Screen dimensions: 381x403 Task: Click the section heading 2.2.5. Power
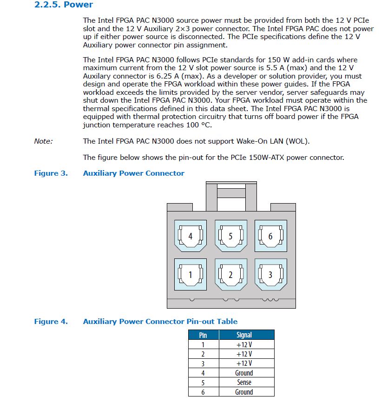[x=64, y=5]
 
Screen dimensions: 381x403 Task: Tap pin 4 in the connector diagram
[x=190, y=236]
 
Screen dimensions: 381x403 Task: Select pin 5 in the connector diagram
[x=231, y=236]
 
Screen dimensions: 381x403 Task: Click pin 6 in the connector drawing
[x=271, y=236]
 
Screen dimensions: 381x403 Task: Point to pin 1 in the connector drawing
[x=190, y=275]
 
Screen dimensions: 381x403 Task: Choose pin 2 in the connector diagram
[x=231, y=275]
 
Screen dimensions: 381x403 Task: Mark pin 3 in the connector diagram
[x=271, y=275]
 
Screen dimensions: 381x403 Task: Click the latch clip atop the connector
[x=231, y=196]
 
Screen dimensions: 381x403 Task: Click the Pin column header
[x=203, y=335]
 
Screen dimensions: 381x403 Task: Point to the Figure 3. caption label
[x=51, y=173]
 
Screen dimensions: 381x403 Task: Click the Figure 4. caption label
[x=51, y=322]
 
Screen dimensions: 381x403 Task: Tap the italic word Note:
[x=43, y=141]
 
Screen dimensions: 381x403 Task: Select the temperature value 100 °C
[x=198, y=125]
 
